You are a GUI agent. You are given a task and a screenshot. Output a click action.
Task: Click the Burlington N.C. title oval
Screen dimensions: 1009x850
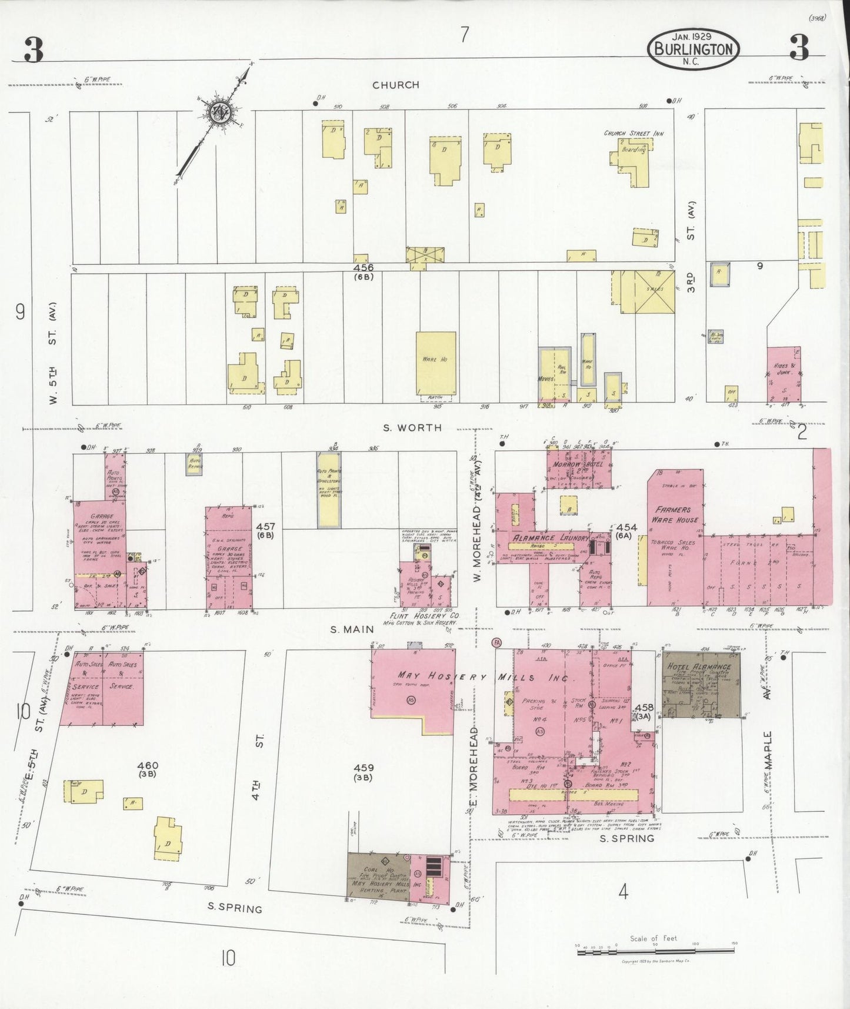694,49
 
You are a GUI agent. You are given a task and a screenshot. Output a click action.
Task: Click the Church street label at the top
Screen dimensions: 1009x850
396,85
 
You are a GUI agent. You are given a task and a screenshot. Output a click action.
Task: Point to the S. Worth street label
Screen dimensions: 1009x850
412,427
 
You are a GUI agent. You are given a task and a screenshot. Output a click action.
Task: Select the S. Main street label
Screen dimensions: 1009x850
352,629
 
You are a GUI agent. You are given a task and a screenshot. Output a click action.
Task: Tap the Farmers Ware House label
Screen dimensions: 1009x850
674,515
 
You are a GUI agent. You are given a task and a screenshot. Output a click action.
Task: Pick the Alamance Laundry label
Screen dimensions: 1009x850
551,538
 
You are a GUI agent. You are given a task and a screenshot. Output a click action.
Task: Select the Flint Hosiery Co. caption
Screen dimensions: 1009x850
424,615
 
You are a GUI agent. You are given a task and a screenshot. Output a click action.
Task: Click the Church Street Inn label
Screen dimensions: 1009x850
634,134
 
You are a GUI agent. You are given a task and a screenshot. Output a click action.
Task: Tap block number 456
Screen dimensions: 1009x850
364,268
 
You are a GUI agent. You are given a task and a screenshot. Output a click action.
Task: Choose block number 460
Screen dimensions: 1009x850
147,766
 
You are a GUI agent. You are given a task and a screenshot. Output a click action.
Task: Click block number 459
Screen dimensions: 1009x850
364,768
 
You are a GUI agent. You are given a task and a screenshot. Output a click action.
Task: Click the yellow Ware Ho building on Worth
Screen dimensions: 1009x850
435,363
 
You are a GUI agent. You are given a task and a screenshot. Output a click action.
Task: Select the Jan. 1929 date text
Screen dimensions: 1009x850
693,36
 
